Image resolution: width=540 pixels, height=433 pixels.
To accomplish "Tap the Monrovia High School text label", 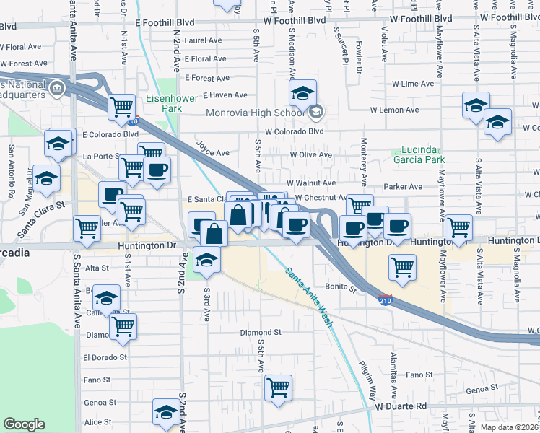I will click(x=255, y=113).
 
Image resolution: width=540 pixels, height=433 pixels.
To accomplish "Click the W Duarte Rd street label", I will click(x=401, y=406).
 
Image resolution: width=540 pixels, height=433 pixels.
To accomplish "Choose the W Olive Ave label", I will click(x=310, y=154).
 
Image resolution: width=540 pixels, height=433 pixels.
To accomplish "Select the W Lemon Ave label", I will click(x=394, y=110).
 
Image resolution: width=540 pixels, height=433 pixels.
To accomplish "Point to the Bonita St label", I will click(x=344, y=287).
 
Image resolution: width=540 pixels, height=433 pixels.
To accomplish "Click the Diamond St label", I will click(x=260, y=333).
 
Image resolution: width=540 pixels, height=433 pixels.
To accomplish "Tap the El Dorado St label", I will click(x=105, y=357).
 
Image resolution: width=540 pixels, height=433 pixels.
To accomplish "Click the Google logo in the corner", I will click(x=24, y=424).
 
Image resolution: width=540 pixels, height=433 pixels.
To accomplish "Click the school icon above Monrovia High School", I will click(x=303, y=92).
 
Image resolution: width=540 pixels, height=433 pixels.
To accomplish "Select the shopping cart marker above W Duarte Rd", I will click(x=278, y=388).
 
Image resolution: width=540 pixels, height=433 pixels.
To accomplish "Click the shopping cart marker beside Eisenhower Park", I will click(x=121, y=106).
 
